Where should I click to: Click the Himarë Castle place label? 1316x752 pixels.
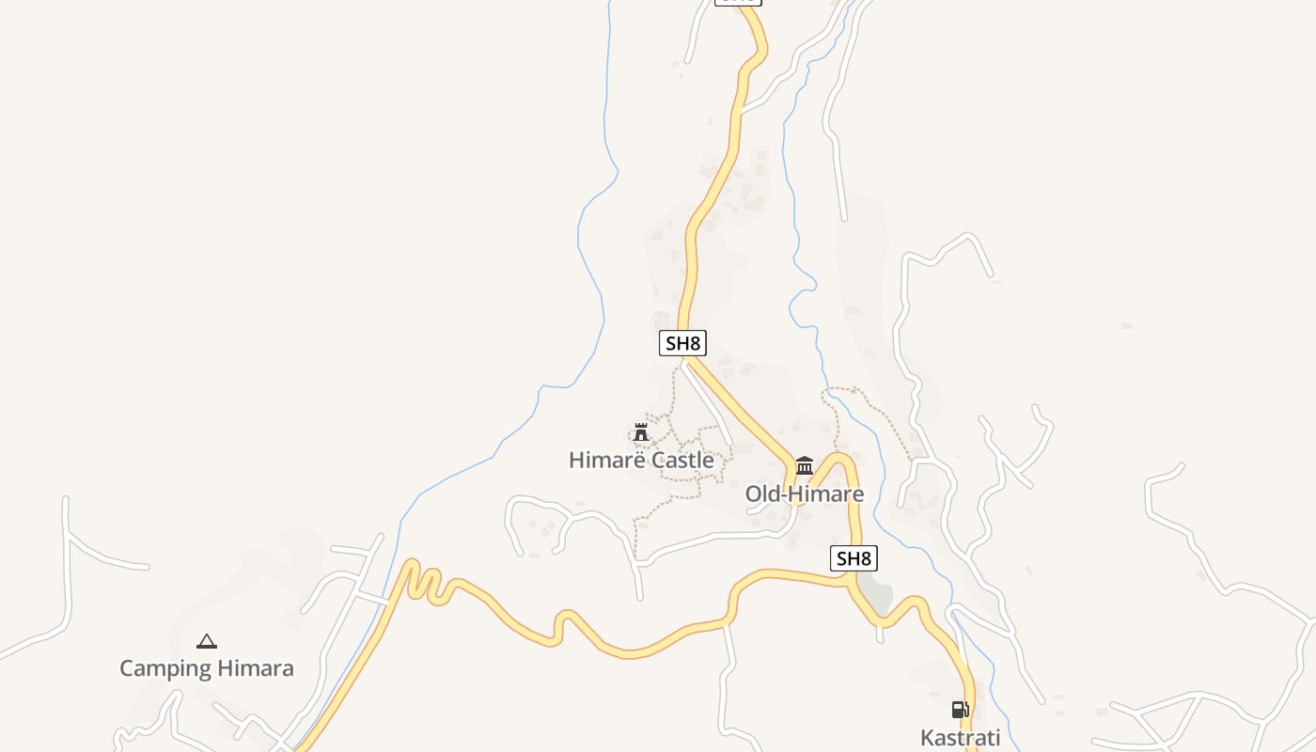641,461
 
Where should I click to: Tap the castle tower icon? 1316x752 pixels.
641,432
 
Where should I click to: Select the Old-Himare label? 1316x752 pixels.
804,493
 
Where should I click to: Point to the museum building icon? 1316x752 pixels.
805,465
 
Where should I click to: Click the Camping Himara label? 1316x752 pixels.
207,668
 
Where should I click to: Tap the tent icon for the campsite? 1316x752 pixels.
207,642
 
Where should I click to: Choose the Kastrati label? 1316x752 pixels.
961,738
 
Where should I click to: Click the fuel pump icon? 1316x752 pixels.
960,710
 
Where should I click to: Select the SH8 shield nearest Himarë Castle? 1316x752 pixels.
682,343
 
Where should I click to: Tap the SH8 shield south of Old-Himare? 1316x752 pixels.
854,558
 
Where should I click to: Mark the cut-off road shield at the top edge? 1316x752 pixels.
738,2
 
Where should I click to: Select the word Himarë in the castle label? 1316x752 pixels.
602,461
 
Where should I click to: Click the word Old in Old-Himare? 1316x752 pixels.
763,493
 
